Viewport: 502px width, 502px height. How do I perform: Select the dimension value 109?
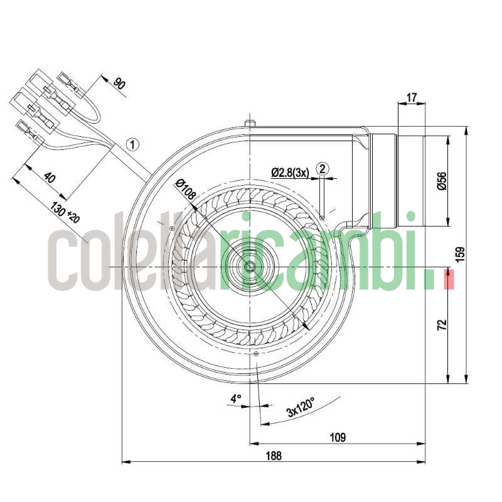(x=338, y=437)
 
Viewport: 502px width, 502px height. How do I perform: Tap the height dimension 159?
(x=461, y=254)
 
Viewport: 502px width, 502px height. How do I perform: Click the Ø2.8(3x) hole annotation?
(x=290, y=172)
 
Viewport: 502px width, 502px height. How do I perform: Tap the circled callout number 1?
(x=132, y=144)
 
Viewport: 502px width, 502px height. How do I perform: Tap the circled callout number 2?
(x=323, y=168)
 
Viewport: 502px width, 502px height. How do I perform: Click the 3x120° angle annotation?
(x=301, y=407)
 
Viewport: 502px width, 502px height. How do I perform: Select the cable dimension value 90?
(x=118, y=83)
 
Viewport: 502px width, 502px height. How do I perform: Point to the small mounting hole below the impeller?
(x=256, y=355)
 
